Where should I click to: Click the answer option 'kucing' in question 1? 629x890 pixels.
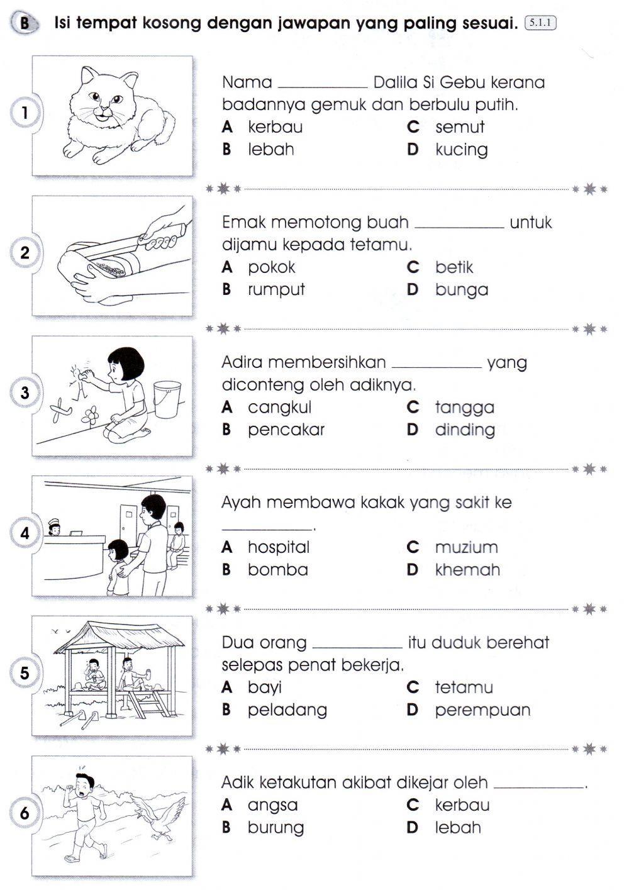tap(461, 150)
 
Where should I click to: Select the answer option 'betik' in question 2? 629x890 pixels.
tap(454, 267)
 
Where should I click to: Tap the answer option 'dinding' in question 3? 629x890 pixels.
tap(464, 430)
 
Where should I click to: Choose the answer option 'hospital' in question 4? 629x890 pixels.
tap(278, 547)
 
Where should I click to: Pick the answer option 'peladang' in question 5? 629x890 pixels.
tap(287, 709)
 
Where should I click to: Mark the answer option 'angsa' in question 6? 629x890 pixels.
tap(272, 805)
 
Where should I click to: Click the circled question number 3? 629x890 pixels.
tap(25, 393)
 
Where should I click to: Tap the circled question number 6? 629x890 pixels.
tap(25, 813)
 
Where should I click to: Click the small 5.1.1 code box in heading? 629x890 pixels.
tap(540, 24)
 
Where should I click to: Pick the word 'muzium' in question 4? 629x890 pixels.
tap(466, 547)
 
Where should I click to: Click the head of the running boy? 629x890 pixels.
tap(84, 783)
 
